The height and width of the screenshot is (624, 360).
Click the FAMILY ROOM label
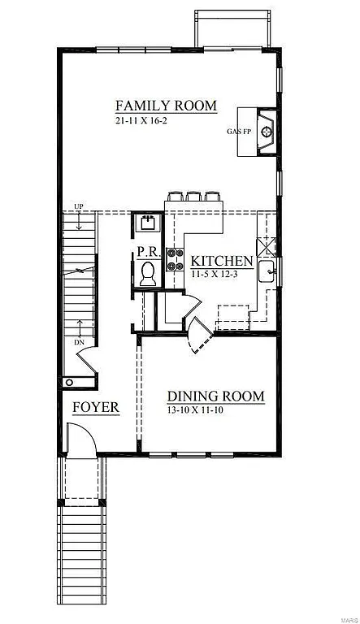coord(166,106)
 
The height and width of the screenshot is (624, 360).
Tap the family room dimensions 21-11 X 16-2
coord(143,121)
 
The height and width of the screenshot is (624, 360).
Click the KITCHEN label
coord(221,261)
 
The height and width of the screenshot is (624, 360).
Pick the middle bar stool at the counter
coord(194,197)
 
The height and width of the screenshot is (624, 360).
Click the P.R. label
coord(147,253)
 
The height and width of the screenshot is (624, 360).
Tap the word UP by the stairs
coord(79,205)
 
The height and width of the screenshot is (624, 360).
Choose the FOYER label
coord(95,407)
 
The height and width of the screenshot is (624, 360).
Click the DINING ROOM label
coord(215,396)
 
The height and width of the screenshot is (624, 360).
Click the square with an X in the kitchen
coord(267,245)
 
